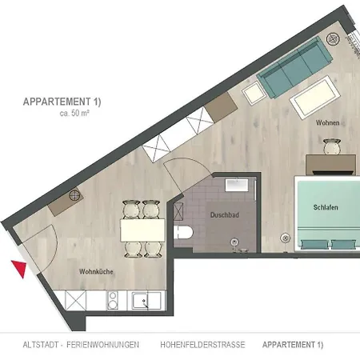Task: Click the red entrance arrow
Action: coord(20,268)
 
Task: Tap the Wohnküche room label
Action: coord(96,272)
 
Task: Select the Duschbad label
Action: coord(225,215)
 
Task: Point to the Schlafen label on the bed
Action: coord(326,207)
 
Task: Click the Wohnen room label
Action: coord(328,122)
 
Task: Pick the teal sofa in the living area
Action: coord(294,66)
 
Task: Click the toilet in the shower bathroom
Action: coord(183,233)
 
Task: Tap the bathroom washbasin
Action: coord(237,185)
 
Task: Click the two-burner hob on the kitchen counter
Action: coord(113,301)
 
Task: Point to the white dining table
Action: coord(142,230)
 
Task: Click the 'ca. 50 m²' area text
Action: coord(74,113)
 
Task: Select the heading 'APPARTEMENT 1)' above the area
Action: coord(62,102)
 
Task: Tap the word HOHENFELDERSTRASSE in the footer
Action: coord(202,345)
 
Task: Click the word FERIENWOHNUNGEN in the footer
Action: coord(102,345)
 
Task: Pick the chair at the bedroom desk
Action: coord(332,146)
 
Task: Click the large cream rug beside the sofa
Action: coord(315,98)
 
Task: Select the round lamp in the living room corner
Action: coord(334,39)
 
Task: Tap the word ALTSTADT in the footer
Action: coord(41,345)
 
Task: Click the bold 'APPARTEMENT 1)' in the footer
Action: coord(293,345)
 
